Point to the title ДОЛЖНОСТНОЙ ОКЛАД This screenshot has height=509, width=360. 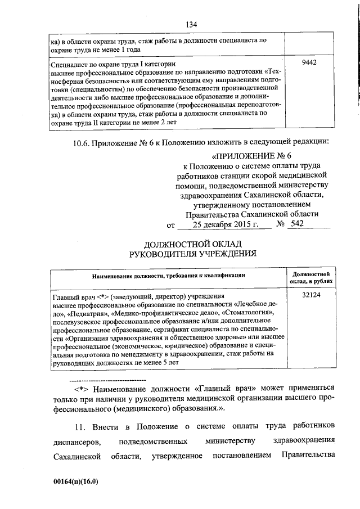192,244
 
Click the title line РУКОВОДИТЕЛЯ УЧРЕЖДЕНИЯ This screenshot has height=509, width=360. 192,253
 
